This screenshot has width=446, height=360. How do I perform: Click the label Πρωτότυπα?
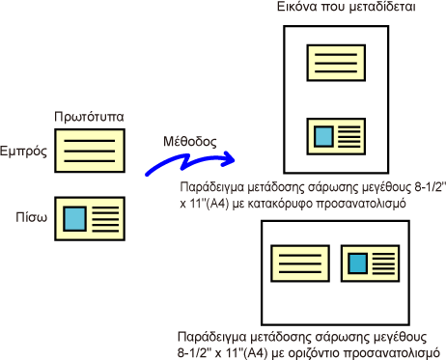point(89,117)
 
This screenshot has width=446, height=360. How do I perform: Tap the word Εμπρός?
point(23,151)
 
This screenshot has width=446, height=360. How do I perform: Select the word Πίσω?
point(32,217)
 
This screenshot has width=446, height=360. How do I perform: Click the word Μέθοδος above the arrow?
point(190,141)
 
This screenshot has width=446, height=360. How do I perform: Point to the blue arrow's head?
point(229,158)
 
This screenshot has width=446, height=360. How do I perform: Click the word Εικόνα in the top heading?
point(297,7)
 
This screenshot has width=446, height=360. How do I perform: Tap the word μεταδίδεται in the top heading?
point(382,7)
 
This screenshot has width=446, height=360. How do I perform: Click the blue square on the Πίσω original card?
point(74,219)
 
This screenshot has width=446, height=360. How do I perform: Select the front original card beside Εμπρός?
point(90,151)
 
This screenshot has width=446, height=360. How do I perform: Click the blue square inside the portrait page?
point(323,136)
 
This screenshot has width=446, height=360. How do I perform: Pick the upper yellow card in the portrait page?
point(336,63)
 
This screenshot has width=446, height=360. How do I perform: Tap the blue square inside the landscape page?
point(358,263)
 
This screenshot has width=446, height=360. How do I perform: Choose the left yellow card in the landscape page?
point(300,263)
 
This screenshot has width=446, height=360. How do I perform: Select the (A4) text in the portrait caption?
point(217,204)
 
